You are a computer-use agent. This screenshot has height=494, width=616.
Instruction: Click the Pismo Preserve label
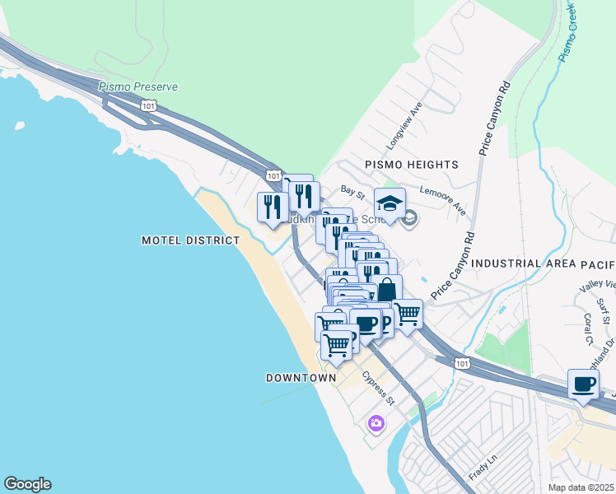pyautogui.click(x=138, y=86)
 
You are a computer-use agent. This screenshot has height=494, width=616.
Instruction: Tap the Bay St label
pyautogui.click(x=352, y=192)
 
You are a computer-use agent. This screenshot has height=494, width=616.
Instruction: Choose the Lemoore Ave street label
pyautogui.click(x=442, y=199)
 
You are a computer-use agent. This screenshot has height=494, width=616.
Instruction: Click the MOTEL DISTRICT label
pyautogui.click(x=190, y=240)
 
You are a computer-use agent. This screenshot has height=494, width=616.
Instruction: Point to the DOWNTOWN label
pyautogui.click(x=301, y=378)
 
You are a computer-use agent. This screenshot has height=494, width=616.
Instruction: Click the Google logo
pyautogui.click(x=27, y=484)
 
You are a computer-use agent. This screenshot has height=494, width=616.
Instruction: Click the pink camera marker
pyautogui.click(x=376, y=423)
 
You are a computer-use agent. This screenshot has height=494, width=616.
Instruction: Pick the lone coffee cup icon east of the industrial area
pyautogui.click(x=584, y=384)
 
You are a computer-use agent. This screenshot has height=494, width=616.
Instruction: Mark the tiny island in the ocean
pyautogui.click(x=18, y=127)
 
